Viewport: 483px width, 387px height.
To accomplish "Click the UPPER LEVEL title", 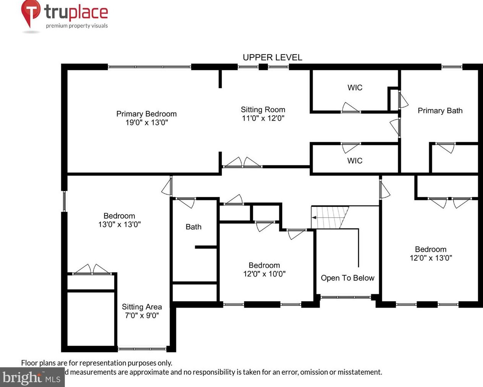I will pyautogui.click(x=272, y=57).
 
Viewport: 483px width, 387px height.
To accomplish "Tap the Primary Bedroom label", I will pyautogui.click(x=146, y=114).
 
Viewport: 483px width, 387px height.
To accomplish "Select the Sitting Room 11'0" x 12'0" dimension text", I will pyautogui.click(x=263, y=118).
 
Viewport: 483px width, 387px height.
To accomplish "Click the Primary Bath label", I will pyautogui.click(x=440, y=111).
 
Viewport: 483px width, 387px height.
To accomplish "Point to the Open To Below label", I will pyautogui.click(x=347, y=278).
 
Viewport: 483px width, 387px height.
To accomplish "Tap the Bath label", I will pyautogui.click(x=193, y=227).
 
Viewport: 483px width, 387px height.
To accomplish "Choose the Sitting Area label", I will pyautogui.click(x=142, y=307).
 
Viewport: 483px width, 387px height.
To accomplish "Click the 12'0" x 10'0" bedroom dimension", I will pyautogui.click(x=264, y=274).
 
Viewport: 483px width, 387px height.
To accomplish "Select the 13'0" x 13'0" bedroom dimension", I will pyautogui.click(x=119, y=224).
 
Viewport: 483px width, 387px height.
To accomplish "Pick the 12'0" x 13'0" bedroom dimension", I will pyautogui.click(x=431, y=258).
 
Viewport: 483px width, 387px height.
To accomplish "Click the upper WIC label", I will pyautogui.click(x=355, y=87).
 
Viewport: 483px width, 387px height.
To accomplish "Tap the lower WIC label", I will pyautogui.click(x=355, y=161).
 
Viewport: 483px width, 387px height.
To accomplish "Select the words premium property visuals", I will pyautogui.click(x=77, y=26).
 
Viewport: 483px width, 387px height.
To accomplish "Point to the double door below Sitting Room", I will pyautogui.click(x=242, y=163).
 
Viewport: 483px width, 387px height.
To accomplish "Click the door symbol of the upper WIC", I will pyautogui.click(x=350, y=108).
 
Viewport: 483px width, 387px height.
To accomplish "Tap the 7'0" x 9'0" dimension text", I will pyautogui.click(x=142, y=316).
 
